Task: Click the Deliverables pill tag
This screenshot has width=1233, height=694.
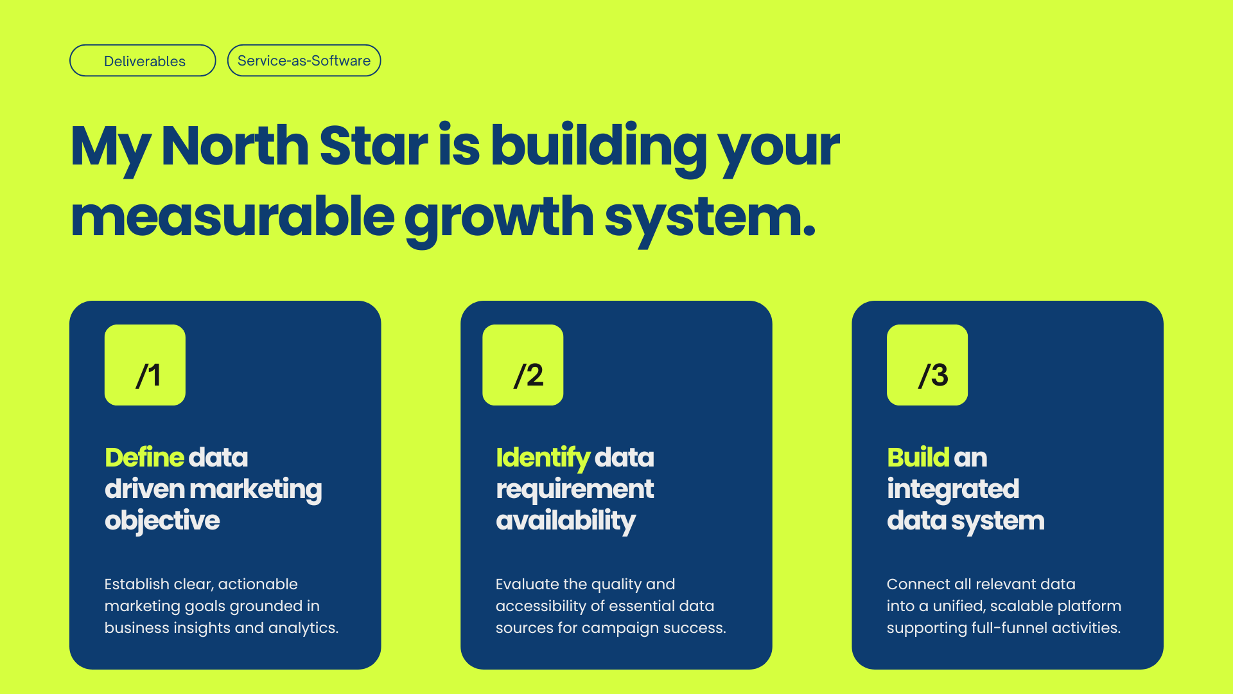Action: (x=143, y=60)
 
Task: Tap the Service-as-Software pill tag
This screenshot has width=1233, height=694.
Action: (x=304, y=60)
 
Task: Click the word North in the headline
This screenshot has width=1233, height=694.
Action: (x=235, y=146)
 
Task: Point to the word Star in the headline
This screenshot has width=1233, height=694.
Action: (x=373, y=146)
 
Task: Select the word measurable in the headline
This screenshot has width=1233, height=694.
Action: (x=232, y=217)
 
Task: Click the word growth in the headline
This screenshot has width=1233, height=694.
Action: (x=499, y=218)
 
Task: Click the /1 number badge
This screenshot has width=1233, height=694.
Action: (x=145, y=365)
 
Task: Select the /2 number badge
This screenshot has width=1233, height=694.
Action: (x=523, y=365)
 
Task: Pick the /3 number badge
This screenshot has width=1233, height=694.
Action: (x=927, y=365)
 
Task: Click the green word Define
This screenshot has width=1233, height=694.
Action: (x=144, y=458)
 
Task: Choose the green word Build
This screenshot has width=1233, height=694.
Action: (x=918, y=458)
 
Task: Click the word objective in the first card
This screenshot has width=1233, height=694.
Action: (x=162, y=521)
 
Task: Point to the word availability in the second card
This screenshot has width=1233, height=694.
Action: (x=566, y=521)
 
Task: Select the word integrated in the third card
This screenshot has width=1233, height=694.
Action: (x=953, y=490)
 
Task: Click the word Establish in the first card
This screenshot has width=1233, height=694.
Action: (x=137, y=584)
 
